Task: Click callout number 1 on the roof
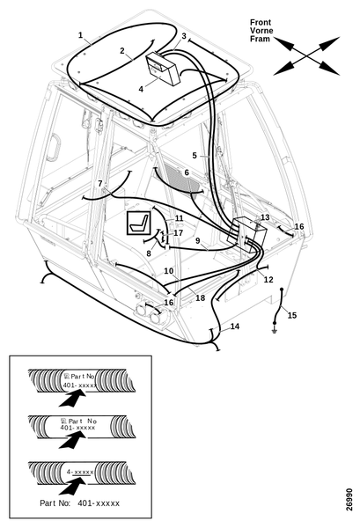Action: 80,35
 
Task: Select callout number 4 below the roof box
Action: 141,89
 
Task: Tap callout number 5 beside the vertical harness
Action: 195,156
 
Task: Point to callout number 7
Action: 100,184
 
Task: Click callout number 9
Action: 198,241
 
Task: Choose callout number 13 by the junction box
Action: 265,217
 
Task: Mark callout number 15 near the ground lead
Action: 292,315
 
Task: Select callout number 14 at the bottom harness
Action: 235,326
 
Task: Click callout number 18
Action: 201,297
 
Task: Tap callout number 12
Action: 268,280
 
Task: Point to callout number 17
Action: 179,233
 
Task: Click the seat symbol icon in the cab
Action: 138,223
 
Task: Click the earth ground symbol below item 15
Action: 275,332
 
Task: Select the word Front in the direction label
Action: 261,23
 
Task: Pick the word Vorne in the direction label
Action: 261,31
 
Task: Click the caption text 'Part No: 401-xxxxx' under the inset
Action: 80,503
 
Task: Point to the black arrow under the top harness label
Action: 71,398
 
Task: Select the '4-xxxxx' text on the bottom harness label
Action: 80,472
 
